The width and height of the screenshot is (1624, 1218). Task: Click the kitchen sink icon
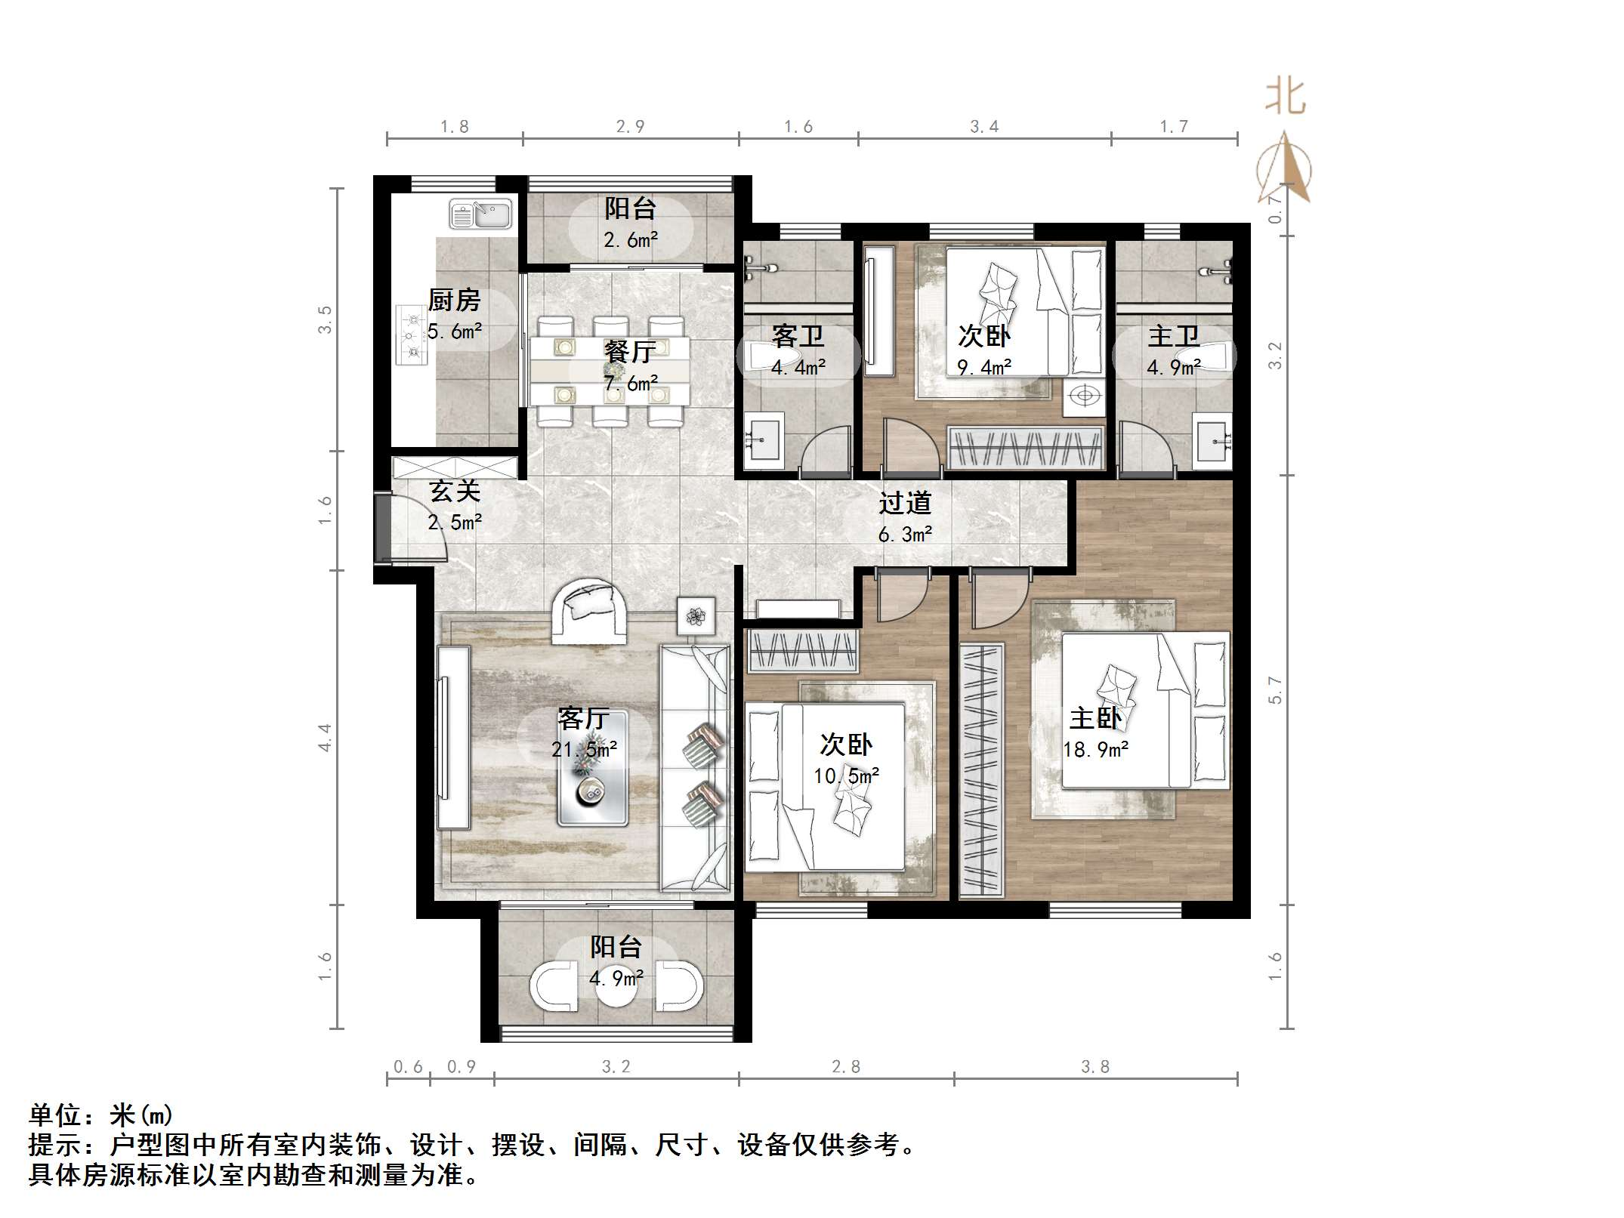(x=480, y=214)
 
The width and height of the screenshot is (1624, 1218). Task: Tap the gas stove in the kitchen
(x=412, y=335)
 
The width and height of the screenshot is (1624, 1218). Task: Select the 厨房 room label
(x=454, y=301)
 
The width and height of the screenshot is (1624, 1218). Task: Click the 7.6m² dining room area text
(x=631, y=383)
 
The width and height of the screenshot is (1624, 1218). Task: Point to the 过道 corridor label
(x=905, y=503)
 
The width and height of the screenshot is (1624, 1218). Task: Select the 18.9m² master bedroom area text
(x=1095, y=750)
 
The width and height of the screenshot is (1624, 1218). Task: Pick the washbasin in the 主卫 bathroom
(x=1213, y=442)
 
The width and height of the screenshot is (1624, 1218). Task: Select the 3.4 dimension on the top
(x=984, y=127)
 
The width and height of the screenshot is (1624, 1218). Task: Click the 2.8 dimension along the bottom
(x=845, y=1066)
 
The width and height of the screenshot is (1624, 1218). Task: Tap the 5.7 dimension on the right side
(x=1276, y=689)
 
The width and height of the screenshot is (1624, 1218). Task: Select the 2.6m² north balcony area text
(x=631, y=240)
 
